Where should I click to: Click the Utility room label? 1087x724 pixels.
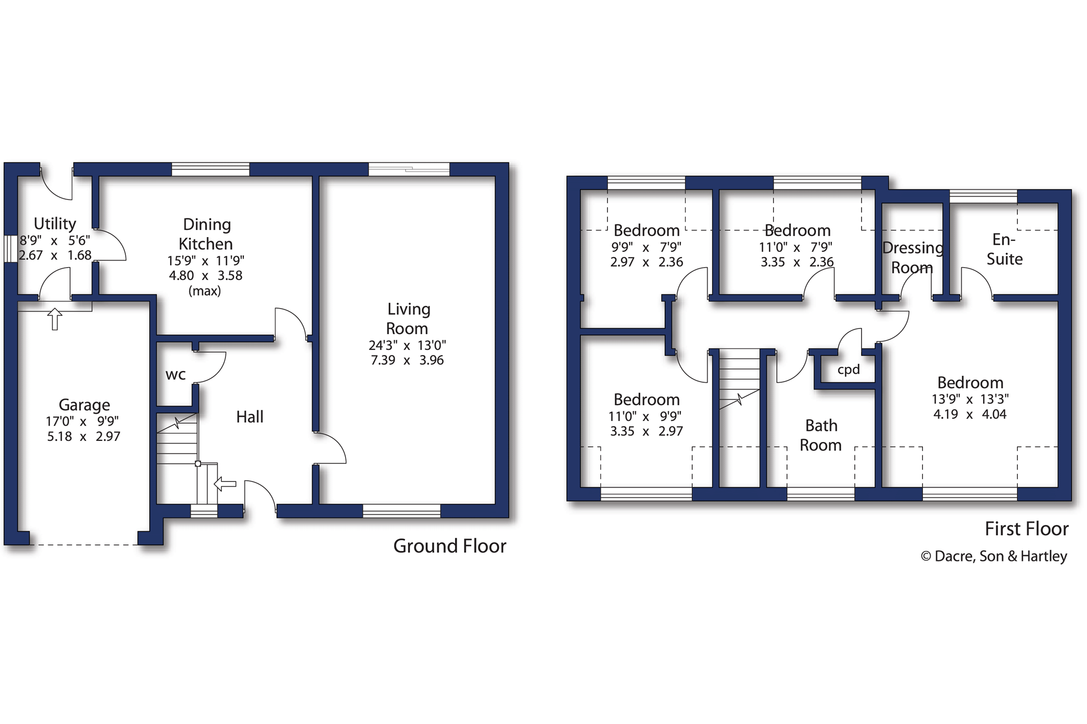pyautogui.click(x=55, y=224)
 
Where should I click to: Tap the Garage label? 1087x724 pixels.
pyautogui.click(x=84, y=405)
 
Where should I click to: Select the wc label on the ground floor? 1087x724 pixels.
pyautogui.click(x=175, y=375)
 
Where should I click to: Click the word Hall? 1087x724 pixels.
pyautogui.click(x=250, y=417)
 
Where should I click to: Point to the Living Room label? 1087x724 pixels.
pyautogui.click(x=408, y=318)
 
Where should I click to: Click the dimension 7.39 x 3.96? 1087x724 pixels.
pyautogui.click(x=407, y=360)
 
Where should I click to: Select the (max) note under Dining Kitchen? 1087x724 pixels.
pyautogui.click(x=205, y=291)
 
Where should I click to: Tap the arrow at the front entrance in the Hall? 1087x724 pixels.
pyautogui.click(x=225, y=483)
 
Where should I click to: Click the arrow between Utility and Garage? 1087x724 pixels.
pyautogui.click(x=55, y=319)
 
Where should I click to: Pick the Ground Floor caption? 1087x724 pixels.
pyautogui.click(x=450, y=546)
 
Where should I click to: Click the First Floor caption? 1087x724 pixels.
pyautogui.click(x=1027, y=529)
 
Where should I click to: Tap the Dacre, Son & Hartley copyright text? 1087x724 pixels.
pyautogui.click(x=994, y=556)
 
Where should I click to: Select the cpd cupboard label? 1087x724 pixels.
pyautogui.click(x=849, y=369)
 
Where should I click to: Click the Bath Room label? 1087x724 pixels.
pyautogui.click(x=821, y=435)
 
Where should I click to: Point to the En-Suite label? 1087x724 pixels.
pyautogui.click(x=1004, y=249)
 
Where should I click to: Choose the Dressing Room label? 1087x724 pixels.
pyautogui.click(x=913, y=258)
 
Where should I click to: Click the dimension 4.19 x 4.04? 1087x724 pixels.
pyautogui.click(x=970, y=414)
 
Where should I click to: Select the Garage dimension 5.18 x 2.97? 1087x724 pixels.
pyautogui.click(x=84, y=437)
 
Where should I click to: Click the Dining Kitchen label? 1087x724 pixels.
pyautogui.click(x=207, y=234)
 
